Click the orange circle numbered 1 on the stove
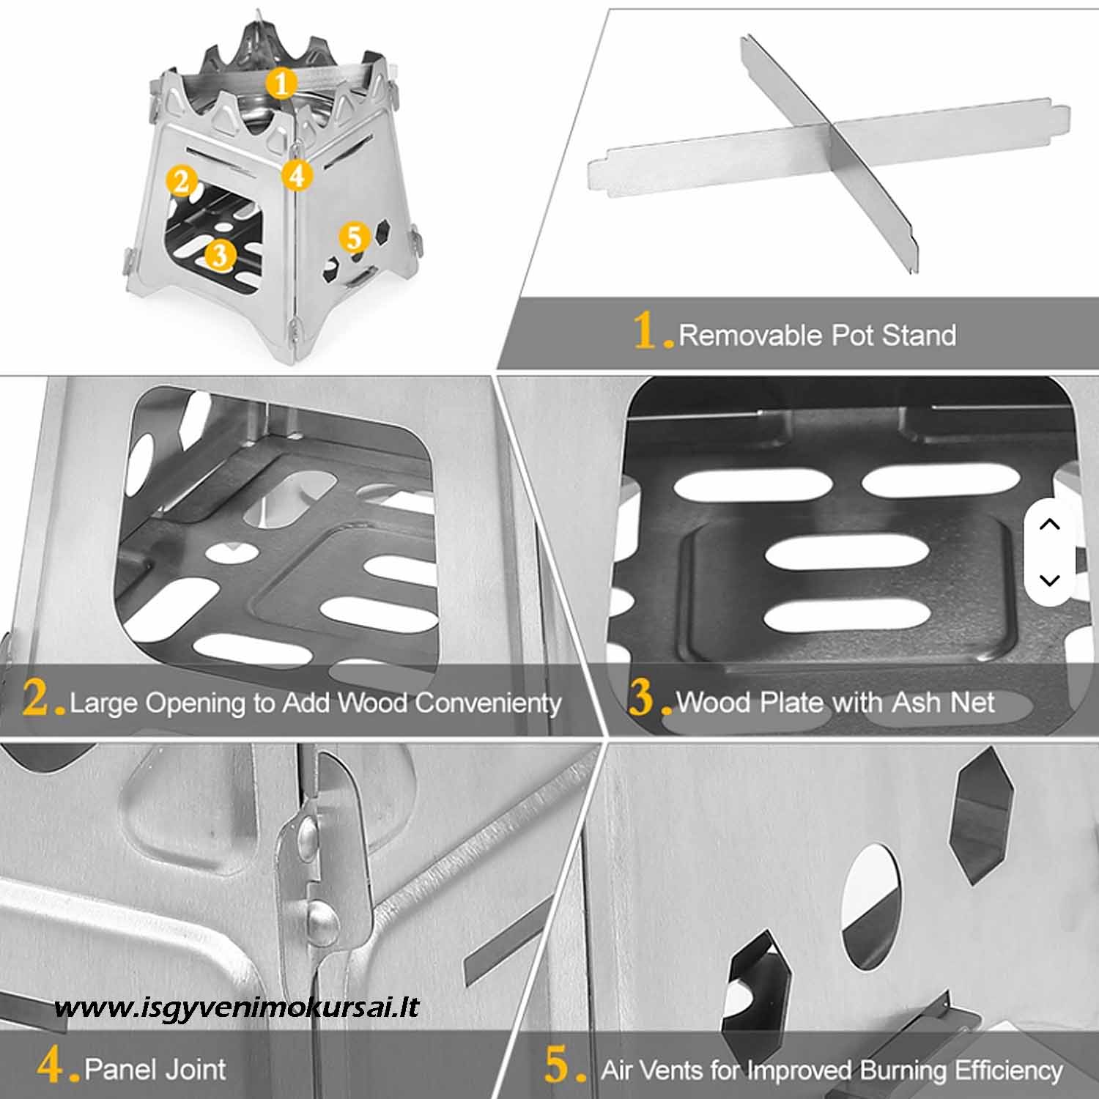[x=282, y=83]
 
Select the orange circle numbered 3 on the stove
[x=220, y=255]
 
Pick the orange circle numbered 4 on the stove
[x=296, y=175]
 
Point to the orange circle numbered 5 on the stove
[x=354, y=237]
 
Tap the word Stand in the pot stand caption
[x=919, y=336]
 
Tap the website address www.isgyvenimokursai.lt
[x=237, y=1007]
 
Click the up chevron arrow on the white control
[x=1050, y=524]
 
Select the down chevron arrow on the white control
[x=1050, y=580]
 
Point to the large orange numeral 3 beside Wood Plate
[x=641, y=697]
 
